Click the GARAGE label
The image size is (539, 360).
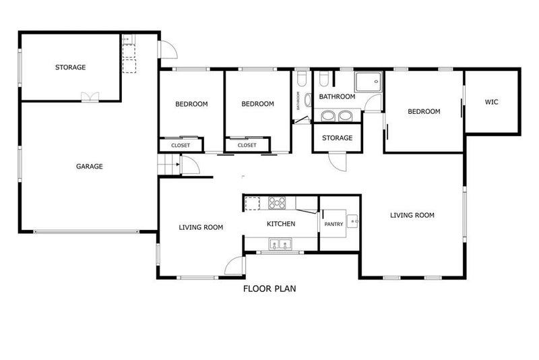pyautogui.click(x=90, y=167)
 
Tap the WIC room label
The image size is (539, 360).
pyautogui.click(x=491, y=102)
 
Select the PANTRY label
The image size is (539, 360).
pyautogui.click(x=334, y=224)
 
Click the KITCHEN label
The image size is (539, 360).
pyautogui.click(x=281, y=224)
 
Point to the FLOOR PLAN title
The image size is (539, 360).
pyautogui.click(x=269, y=289)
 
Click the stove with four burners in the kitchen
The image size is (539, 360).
pyautogui.click(x=277, y=203)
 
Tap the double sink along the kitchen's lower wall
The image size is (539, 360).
pyautogui.click(x=280, y=244)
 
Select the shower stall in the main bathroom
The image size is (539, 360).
pyautogui.click(x=368, y=82)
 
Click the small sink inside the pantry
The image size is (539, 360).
pyautogui.click(x=352, y=221)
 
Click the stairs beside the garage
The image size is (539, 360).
pyautogui.click(x=169, y=164)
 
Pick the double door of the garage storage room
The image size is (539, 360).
pyautogui.click(x=90, y=97)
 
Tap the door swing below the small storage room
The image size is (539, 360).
pyautogui.click(x=338, y=162)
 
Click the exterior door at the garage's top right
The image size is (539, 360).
pyautogui.click(x=168, y=49)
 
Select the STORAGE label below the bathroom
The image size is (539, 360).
pyautogui.click(x=338, y=138)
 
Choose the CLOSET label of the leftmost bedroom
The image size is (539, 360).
pyautogui.click(x=181, y=146)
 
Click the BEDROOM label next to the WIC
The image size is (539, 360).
pyautogui.click(x=424, y=111)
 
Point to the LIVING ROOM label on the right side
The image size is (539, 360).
pyautogui.click(x=412, y=215)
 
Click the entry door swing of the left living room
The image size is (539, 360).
pyautogui.click(x=234, y=266)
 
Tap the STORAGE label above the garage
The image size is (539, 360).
pyautogui.click(x=71, y=67)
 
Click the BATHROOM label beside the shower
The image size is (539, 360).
pyautogui.click(x=337, y=96)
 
